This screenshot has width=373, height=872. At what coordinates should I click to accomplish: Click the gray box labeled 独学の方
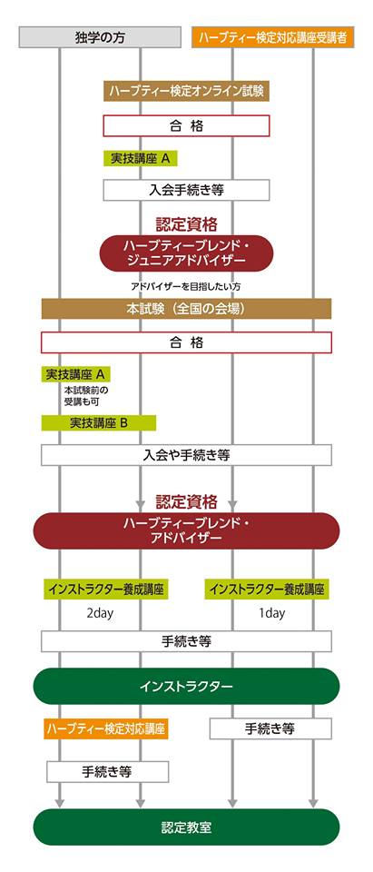pos(100,37)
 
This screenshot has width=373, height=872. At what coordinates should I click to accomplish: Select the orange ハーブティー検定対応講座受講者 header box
pos(272,37)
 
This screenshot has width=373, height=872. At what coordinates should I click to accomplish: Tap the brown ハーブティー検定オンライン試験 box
pos(186,91)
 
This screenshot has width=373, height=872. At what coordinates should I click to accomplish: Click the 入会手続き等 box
pos(186,190)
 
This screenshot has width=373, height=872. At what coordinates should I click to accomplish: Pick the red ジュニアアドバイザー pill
pos(186,253)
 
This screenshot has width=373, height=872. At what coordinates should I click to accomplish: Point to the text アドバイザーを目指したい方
pos(186,287)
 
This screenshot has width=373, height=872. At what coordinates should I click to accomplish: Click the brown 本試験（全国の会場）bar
pos(186,309)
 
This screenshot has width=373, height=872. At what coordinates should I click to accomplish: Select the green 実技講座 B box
pos(98,422)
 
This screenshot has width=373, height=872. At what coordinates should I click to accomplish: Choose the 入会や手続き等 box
pos(186,455)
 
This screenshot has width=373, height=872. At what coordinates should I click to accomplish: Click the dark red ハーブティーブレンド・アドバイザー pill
pos(186,531)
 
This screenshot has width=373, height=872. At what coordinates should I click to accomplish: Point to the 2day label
pos(100,613)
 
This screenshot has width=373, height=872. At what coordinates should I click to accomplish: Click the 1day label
pos(272,613)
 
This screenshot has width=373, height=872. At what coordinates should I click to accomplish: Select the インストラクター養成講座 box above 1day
pos(266,589)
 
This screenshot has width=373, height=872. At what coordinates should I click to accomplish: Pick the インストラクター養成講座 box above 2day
pos(105,589)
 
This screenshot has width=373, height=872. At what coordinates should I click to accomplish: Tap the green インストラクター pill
pos(186,687)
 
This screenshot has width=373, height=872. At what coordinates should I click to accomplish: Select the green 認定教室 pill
pos(186,827)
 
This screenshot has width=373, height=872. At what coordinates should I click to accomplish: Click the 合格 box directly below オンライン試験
pos(186,125)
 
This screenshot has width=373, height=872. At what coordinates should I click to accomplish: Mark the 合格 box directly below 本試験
pos(186,342)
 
